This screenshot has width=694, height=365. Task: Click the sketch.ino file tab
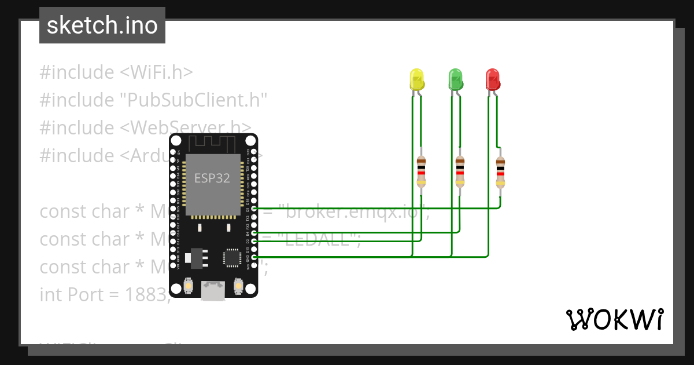tap(102, 25)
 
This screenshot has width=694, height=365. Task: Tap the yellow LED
tap(416, 79)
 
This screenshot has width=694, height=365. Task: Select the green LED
tap(456, 79)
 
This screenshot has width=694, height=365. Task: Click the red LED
tap(492, 79)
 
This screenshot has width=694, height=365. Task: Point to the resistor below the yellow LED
tap(421, 171)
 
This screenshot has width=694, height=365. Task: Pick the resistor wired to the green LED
tap(460, 171)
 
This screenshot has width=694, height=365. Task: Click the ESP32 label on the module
tap(212, 178)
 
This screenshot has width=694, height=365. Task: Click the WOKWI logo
tap(614, 319)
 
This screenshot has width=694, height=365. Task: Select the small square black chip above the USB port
tap(232, 258)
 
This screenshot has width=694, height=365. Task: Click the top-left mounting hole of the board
tap(175, 140)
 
